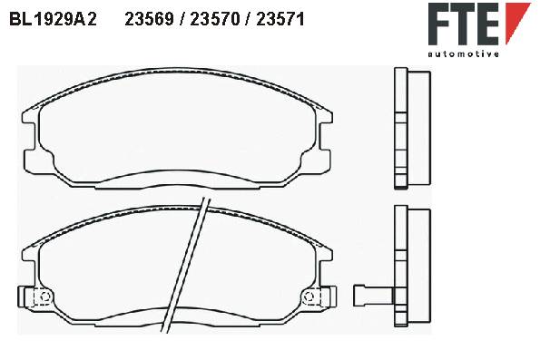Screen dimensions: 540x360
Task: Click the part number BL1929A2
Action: pos(53,19)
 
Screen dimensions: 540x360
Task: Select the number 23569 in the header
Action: pos(149,19)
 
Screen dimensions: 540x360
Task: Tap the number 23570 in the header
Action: pos(214,19)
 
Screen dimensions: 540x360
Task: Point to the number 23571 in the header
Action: pos(280,19)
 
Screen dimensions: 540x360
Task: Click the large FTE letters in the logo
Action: pos(464,24)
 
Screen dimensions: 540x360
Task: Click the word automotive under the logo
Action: pos(463,54)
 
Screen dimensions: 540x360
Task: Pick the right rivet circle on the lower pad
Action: pos(309,297)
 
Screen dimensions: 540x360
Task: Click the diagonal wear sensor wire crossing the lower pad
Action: pos(186,265)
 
